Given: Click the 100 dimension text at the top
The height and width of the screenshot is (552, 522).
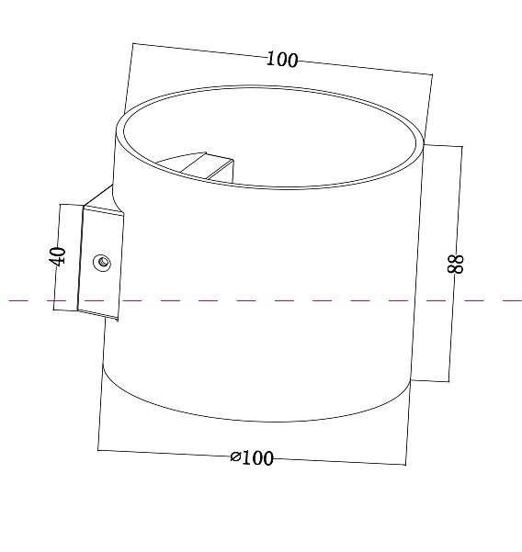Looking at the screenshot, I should (x=282, y=60).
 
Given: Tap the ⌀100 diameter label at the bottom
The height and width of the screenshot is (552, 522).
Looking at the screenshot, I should (x=253, y=457).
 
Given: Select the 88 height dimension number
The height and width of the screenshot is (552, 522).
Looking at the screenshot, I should (x=457, y=264).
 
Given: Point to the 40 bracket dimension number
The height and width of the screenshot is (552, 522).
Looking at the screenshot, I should (x=58, y=256).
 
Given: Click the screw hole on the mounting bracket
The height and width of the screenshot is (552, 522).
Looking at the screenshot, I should (x=103, y=264).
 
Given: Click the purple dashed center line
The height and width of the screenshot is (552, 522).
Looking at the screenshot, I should (x=276, y=300).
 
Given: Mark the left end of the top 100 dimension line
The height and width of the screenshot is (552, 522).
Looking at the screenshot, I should (x=132, y=43).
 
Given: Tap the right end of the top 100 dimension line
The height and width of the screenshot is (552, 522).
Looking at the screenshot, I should (x=431, y=73).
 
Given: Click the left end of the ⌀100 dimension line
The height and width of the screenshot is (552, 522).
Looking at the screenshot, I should (x=98, y=450).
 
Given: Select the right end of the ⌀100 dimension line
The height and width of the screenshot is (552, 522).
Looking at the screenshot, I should (x=405, y=464).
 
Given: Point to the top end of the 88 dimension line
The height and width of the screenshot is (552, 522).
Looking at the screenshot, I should (x=463, y=146).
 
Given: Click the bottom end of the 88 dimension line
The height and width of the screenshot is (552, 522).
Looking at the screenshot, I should (x=448, y=380).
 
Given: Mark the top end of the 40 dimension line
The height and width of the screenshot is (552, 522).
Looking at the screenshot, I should (x=61, y=204).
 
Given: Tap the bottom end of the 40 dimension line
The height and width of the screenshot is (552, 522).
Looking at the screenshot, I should (x=54, y=311).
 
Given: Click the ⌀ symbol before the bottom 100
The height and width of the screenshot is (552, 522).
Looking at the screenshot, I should (x=235, y=456).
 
